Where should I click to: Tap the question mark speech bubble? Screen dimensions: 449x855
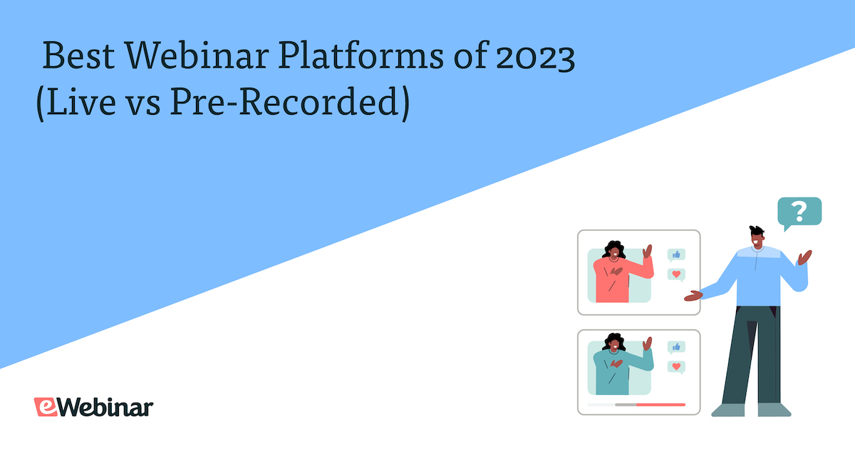point(799,212)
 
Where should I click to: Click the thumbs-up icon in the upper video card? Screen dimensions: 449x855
point(676,254)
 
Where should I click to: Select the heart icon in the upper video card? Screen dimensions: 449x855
point(676,274)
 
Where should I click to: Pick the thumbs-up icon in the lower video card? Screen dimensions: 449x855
point(676,347)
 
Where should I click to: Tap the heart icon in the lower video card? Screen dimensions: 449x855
point(676,367)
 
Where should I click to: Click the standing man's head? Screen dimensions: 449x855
point(757,239)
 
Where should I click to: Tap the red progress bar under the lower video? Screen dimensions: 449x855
point(660,404)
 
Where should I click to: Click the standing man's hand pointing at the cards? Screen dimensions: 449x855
point(692,294)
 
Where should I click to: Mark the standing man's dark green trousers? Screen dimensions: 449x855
point(752,356)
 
